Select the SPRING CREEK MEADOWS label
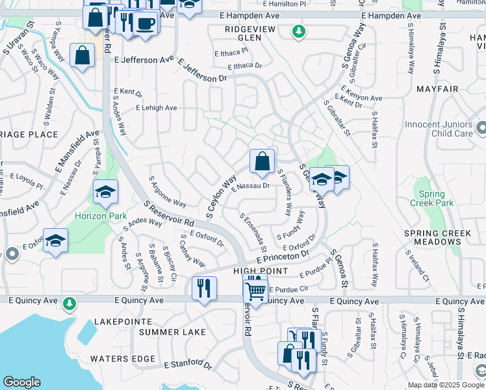(431, 237)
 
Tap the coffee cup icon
(146, 24)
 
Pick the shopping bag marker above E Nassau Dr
(262, 161)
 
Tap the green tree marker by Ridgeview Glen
(298, 31)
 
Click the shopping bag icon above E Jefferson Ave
(83, 56)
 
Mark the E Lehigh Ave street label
(156, 108)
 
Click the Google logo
(21, 382)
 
